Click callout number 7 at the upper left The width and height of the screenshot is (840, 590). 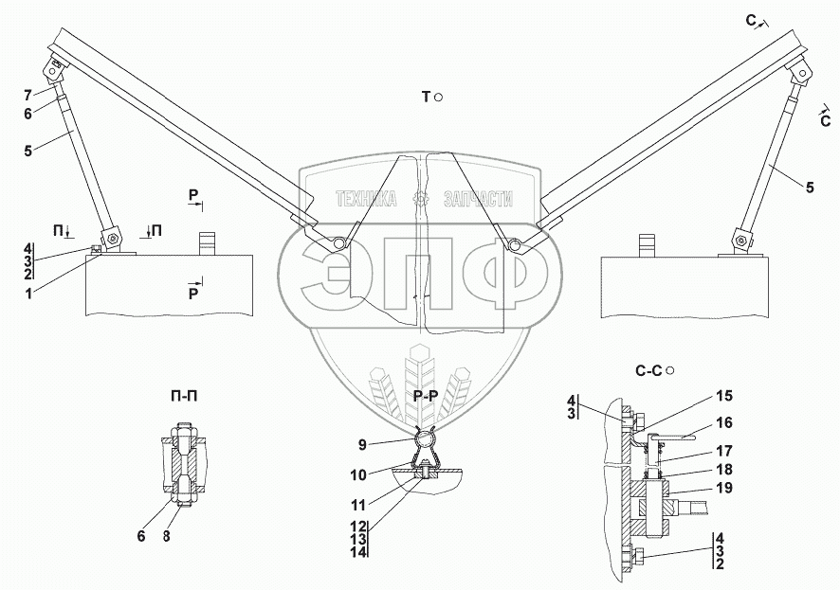click(27, 96)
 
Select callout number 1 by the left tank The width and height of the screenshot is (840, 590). click(28, 293)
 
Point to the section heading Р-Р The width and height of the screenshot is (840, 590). click(426, 397)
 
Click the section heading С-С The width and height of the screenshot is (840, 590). click(648, 370)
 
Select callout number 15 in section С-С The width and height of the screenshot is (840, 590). click(724, 397)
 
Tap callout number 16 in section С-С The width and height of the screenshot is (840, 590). click(724, 422)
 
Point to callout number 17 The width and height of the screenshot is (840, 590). click(724, 451)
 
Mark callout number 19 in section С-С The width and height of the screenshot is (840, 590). click(724, 488)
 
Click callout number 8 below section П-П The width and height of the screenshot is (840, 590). click(167, 536)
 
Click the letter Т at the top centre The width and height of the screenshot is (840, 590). click(426, 98)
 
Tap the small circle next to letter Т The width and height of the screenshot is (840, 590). click(438, 98)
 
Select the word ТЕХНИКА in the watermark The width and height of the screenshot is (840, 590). click(366, 199)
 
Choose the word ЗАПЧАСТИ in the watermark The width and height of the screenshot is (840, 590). click(479, 199)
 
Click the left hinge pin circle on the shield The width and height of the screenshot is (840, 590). click(338, 242)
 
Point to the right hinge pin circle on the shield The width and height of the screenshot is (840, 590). click(514, 244)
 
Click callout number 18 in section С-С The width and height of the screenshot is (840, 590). click(724, 469)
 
